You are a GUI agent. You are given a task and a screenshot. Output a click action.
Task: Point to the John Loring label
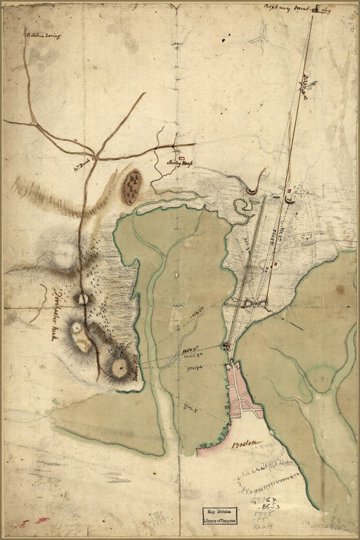42,34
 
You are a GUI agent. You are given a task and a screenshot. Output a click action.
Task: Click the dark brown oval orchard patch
131,186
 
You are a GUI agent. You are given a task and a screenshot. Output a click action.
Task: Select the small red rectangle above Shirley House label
181,158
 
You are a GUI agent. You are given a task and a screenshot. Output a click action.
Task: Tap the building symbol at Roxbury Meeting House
316,9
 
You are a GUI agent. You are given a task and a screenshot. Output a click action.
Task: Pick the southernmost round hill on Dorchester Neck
120,366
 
